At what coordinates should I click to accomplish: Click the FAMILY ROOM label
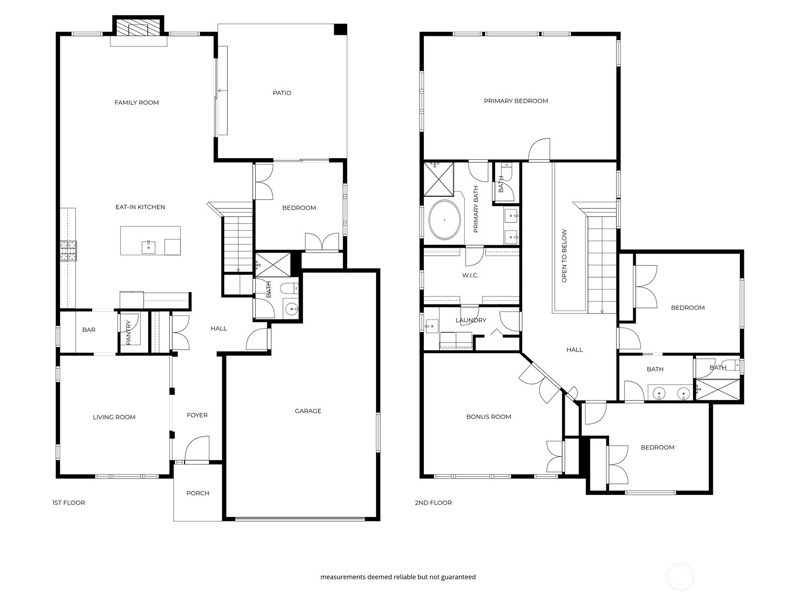click(136, 102)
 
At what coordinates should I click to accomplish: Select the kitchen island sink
click(148, 245)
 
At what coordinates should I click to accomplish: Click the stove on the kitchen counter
click(69, 251)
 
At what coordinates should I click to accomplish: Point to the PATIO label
click(282, 93)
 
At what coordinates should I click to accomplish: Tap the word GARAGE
click(308, 411)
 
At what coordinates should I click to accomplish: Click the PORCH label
click(198, 493)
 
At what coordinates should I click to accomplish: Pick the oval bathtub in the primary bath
click(444, 220)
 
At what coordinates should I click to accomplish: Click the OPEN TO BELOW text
click(564, 256)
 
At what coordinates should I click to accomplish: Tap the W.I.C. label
click(470, 275)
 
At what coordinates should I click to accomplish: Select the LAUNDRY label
click(470, 320)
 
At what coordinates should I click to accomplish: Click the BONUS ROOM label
click(489, 417)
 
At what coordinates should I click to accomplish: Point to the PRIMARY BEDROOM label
click(516, 101)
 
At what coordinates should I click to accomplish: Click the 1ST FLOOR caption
click(68, 502)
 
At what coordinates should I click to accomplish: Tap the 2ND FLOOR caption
click(433, 502)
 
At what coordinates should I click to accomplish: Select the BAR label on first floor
click(89, 330)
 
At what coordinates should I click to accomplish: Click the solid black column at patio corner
click(340, 29)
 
